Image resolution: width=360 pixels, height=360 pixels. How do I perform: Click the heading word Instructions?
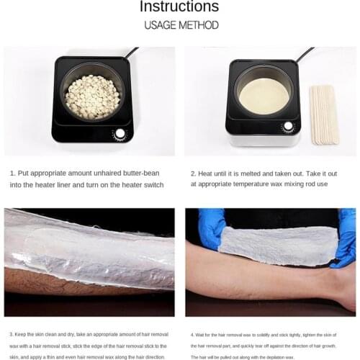click(179, 8)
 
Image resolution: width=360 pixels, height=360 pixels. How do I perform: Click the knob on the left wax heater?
click(120, 134)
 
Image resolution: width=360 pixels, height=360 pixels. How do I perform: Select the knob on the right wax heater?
click(288, 126)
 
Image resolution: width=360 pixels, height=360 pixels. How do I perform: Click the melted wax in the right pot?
click(264, 96)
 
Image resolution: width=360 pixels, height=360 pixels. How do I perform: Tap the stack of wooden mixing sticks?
click(323, 114)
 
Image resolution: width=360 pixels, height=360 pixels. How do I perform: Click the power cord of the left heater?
click(132, 53)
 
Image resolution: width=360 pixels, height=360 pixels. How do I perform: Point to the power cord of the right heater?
click(306, 53)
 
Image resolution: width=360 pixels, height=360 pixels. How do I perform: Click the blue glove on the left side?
click(212, 228)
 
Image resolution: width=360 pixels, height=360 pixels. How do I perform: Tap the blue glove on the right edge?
click(347, 238)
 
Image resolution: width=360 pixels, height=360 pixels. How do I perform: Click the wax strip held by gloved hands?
click(277, 245)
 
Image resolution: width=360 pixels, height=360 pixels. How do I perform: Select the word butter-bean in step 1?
click(149, 174)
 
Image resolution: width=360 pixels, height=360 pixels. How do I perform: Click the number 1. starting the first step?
click(13, 174)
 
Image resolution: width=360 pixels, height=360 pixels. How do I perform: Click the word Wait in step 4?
click(204, 334)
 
